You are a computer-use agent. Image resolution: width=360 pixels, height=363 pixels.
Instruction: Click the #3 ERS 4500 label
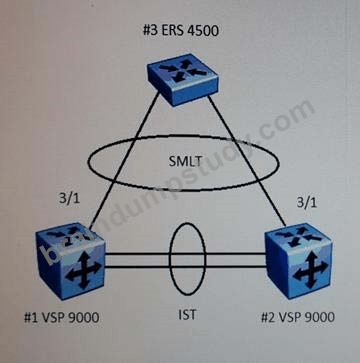click(x=181, y=31)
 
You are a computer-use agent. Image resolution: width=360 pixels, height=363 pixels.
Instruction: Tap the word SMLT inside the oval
click(x=185, y=161)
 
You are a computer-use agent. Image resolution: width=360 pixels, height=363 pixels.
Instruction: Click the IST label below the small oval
click(x=187, y=314)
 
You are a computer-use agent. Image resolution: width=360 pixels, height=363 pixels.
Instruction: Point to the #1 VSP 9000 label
click(x=61, y=317)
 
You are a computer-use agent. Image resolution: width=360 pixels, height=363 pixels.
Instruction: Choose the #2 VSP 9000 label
click(x=297, y=316)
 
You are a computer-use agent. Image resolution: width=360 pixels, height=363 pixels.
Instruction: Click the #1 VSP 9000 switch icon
click(x=70, y=260)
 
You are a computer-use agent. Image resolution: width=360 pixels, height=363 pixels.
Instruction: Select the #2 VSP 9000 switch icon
click(x=298, y=261)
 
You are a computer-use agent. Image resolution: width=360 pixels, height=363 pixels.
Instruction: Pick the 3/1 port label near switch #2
click(x=306, y=203)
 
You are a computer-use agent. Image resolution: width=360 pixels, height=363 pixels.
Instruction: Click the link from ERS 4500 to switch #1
click(x=124, y=161)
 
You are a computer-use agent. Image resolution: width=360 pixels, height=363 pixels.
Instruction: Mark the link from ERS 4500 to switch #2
click(x=247, y=159)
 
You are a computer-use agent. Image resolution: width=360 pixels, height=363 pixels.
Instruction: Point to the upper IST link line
click(x=185, y=254)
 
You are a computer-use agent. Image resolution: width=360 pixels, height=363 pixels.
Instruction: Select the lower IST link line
click(x=185, y=266)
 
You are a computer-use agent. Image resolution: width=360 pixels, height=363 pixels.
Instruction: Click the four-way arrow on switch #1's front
click(x=83, y=268)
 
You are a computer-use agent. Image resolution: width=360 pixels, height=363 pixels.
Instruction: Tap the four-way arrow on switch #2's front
click(x=312, y=270)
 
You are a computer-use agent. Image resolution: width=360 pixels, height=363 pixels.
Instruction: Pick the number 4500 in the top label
click(x=204, y=31)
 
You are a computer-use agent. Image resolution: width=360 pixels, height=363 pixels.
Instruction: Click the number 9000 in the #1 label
click(x=84, y=317)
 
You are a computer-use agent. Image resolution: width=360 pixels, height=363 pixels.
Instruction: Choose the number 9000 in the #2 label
click(x=320, y=316)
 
